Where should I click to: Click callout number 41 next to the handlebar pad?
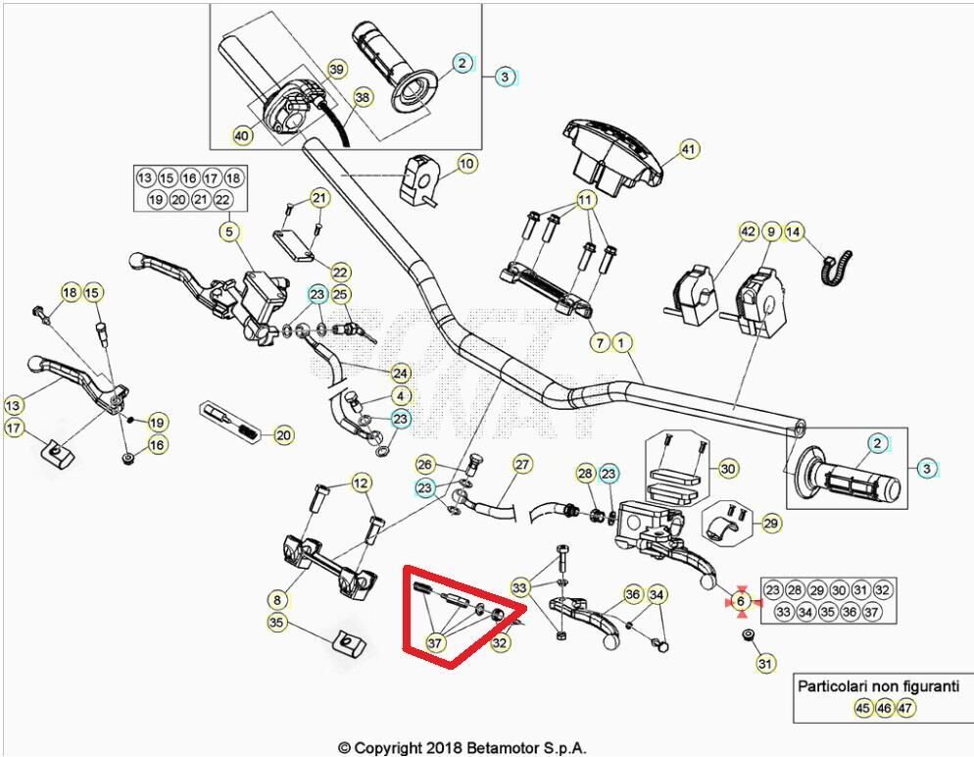click(690, 150)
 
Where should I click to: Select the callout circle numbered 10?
click(466, 163)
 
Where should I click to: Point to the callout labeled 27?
click(522, 464)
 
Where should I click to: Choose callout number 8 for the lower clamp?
click(278, 598)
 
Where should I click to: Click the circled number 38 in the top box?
click(363, 98)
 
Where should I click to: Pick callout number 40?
click(241, 135)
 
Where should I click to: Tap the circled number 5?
click(229, 232)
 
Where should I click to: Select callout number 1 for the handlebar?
click(624, 342)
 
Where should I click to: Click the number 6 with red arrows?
click(741, 601)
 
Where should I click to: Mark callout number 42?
click(748, 232)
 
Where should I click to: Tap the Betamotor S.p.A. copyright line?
click(463, 747)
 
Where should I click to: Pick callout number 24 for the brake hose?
click(400, 374)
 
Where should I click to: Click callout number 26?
click(424, 464)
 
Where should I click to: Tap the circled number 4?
click(402, 396)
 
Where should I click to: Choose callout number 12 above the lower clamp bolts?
click(362, 482)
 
